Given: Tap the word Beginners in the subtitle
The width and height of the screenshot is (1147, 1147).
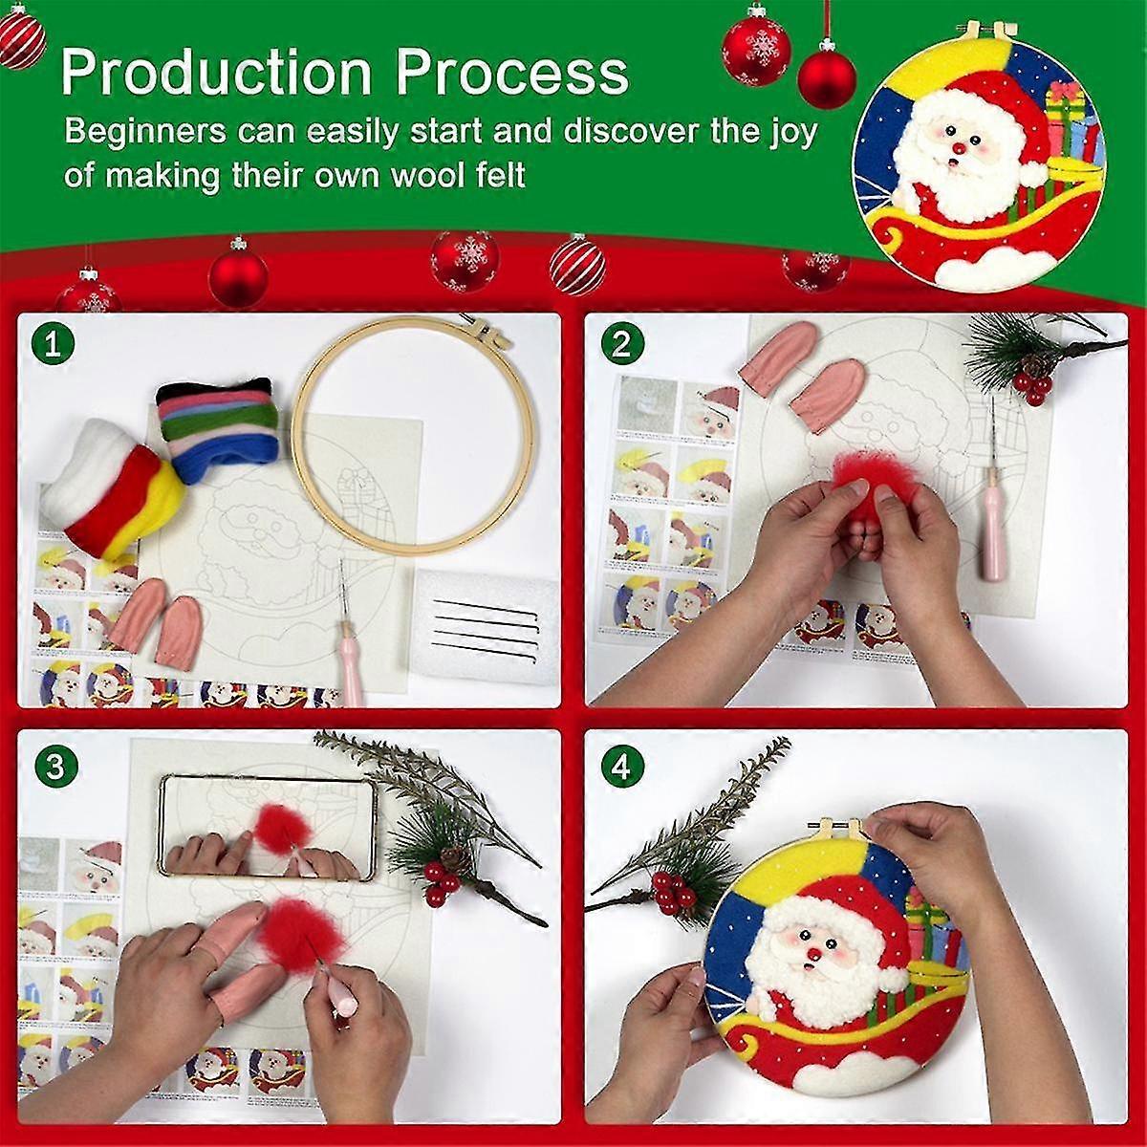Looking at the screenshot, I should pos(143,132).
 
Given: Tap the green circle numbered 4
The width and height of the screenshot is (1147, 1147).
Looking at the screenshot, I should pos(620,767).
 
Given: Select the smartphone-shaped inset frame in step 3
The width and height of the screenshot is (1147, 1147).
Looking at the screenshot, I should pos(268,827).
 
